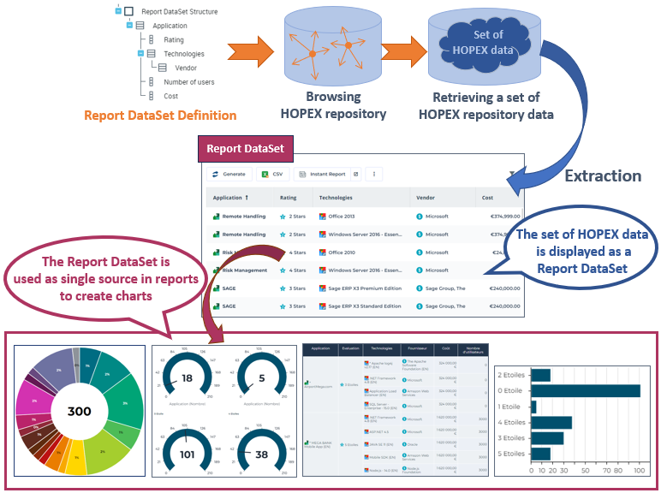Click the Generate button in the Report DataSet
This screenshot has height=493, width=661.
(x=229, y=174)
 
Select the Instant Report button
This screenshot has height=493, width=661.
(x=327, y=174)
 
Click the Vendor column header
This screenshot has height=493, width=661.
(x=426, y=198)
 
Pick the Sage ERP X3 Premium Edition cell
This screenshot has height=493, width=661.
(x=363, y=288)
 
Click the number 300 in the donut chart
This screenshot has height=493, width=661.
(x=79, y=411)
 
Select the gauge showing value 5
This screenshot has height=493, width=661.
(x=260, y=378)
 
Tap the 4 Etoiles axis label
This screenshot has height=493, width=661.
(x=510, y=422)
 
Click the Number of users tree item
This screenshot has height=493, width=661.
(x=189, y=82)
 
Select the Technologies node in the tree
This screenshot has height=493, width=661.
(x=184, y=53)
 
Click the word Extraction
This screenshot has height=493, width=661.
(x=603, y=176)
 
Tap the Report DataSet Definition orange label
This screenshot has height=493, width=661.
(x=160, y=115)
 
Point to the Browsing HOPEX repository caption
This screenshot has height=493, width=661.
(x=346, y=105)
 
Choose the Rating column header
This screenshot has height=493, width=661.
(x=289, y=198)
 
